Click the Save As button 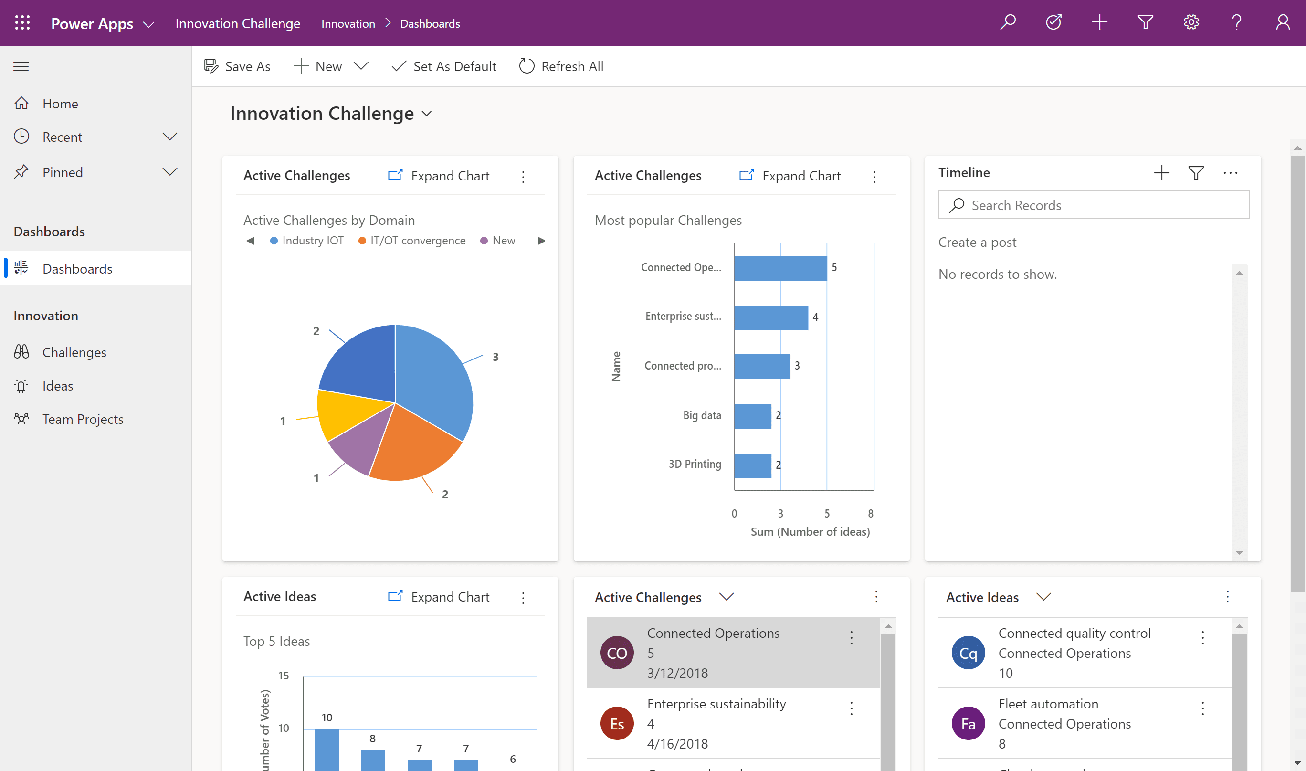[x=237, y=66]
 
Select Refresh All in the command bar [x=561, y=66]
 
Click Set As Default [x=444, y=66]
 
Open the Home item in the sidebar [x=60, y=104]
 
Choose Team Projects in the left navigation [x=83, y=419]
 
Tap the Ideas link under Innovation [x=57, y=386]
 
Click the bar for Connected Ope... [x=780, y=268]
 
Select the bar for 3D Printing [x=752, y=465]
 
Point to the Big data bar [x=752, y=416]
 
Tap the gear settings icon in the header [x=1190, y=22]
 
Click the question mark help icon [x=1236, y=22]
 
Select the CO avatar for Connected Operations [x=617, y=653]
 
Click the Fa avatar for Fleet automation [x=968, y=723]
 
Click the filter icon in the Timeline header [x=1196, y=172]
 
